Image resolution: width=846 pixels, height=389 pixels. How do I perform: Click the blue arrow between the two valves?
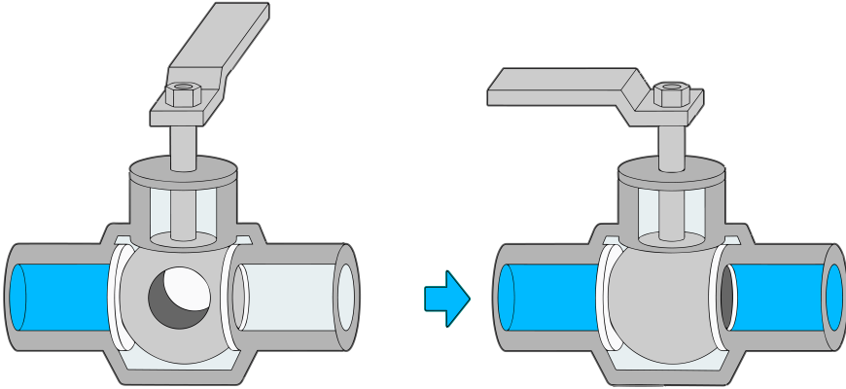click(x=446, y=298)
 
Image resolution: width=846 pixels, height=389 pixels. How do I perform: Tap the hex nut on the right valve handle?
click(x=671, y=95)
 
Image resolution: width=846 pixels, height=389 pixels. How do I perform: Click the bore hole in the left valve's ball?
click(x=178, y=299)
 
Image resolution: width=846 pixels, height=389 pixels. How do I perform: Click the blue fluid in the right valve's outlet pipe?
click(x=778, y=297)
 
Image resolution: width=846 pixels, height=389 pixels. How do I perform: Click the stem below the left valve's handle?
click(x=184, y=142)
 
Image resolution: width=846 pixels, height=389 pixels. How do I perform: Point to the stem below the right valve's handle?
click(x=672, y=142)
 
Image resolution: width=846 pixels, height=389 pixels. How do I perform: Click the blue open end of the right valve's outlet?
click(x=833, y=297)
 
